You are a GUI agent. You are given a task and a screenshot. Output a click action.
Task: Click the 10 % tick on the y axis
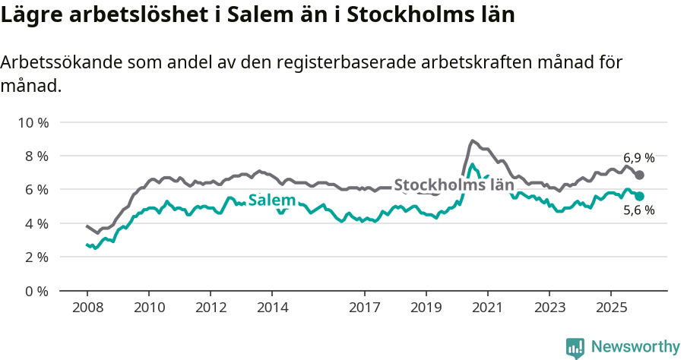point(32,122)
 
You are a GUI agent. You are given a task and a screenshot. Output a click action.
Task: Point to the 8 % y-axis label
point(35,156)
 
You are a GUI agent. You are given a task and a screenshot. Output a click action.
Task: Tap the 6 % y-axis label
point(35,189)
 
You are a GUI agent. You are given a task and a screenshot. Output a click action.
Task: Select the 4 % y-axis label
point(35,223)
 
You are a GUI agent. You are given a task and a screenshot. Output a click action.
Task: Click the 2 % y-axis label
point(35,257)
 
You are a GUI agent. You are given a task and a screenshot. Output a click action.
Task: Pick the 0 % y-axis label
point(35,291)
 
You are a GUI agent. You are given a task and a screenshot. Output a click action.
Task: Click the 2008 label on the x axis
point(87,308)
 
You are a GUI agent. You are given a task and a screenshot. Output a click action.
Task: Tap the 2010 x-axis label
point(148,308)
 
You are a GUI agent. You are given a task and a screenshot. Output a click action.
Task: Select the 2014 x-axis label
point(272,308)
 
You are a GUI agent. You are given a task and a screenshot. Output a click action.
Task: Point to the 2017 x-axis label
point(364,308)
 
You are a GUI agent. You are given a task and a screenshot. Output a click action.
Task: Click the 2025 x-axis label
point(610,308)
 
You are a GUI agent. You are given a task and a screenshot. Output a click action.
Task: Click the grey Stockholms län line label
point(454,185)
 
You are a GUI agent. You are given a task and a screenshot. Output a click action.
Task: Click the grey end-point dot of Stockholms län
point(640,175)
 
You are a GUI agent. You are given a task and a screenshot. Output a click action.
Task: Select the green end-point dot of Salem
point(640,196)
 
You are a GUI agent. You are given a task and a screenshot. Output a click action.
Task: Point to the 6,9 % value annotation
point(638,158)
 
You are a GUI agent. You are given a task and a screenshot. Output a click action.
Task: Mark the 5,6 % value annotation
point(638,211)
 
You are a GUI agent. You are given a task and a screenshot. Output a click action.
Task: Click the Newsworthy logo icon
point(575,347)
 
